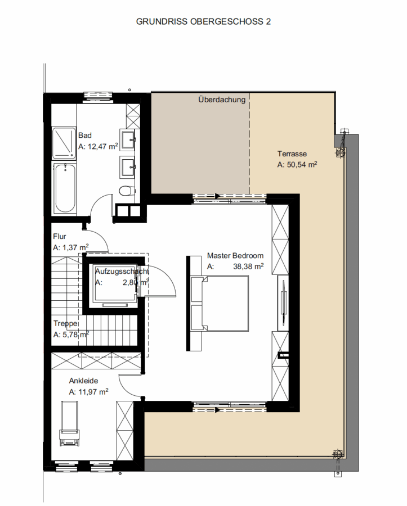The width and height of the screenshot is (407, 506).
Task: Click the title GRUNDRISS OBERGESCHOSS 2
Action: (x=203, y=21)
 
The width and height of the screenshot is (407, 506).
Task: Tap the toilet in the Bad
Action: (x=127, y=191)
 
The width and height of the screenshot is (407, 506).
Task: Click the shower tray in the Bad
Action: (x=64, y=143)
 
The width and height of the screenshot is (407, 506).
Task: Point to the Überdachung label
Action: (x=222, y=100)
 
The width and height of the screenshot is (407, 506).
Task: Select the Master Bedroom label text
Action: (x=235, y=256)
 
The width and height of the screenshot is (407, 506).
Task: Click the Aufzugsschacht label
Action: (x=122, y=272)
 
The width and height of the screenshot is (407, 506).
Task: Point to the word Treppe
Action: (x=65, y=323)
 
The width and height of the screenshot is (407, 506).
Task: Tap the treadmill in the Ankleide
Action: (x=69, y=423)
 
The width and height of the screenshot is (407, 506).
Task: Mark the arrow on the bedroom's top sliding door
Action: (x=217, y=196)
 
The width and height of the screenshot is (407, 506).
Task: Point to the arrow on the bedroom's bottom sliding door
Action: (x=217, y=410)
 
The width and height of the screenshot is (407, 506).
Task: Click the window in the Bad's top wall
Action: (x=98, y=96)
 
